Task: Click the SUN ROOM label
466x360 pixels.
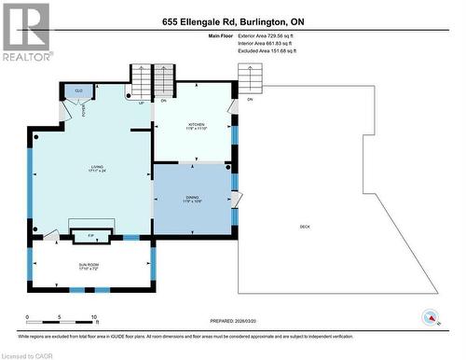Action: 89,266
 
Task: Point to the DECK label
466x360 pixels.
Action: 305,228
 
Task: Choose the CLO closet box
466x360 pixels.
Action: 78,90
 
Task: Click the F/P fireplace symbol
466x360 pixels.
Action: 90,236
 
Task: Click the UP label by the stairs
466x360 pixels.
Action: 141,102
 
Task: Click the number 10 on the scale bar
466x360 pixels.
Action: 94,317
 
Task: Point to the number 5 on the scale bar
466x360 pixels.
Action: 61,317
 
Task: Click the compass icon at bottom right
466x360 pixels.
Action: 430,315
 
